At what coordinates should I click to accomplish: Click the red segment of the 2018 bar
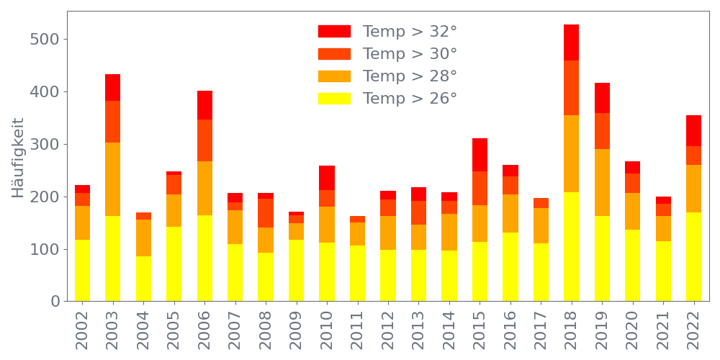click(571, 42)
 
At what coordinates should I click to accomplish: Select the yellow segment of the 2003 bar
click(112, 258)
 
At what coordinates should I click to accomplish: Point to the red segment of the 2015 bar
click(480, 155)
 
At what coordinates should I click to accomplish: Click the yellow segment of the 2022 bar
click(693, 256)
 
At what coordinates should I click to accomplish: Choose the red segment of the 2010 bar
click(327, 178)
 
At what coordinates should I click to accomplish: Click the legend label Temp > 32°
click(410, 32)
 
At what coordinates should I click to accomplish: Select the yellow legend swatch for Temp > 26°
click(334, 99)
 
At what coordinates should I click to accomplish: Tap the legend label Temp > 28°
click(410, 76)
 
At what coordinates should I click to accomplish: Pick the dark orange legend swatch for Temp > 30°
click(334, 54)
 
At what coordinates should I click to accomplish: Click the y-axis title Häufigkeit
click(18, 158)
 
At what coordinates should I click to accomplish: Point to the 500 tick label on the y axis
click(45, 39)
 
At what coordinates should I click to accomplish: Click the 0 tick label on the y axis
click(55, 301)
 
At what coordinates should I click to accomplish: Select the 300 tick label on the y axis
click(45, 144)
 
